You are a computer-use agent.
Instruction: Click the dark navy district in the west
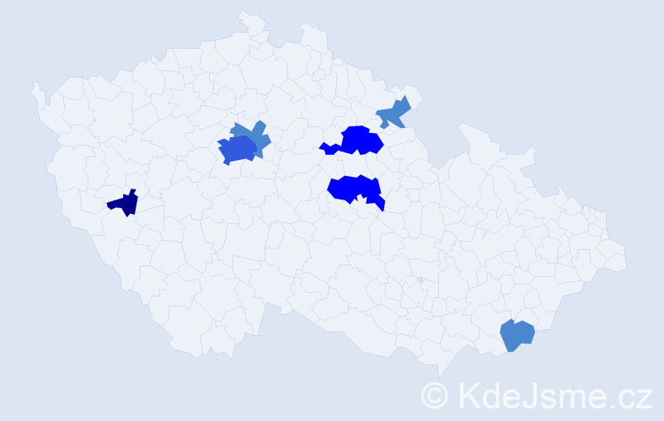click(x=125, y=203)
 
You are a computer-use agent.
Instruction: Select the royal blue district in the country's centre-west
click(x=237, y=150)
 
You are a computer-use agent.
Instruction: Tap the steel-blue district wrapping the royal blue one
click(x=260, y=135)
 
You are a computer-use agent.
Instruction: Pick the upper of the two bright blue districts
click(x=361, y=140)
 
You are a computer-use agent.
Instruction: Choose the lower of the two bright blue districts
click(x=352, y=188)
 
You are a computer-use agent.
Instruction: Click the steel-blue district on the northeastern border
click(x=394, y=112)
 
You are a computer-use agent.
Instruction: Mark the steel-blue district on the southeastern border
click(x=517, y=334)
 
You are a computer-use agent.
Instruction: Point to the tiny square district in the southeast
click(x=420, y=280)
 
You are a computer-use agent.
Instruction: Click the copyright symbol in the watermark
click(x=436, y=395)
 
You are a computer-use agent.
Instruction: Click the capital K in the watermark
click(x=469, y=395)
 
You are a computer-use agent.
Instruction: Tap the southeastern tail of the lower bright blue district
click(x=380, y=203)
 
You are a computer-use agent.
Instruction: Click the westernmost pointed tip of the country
click(x=34, y=84)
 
